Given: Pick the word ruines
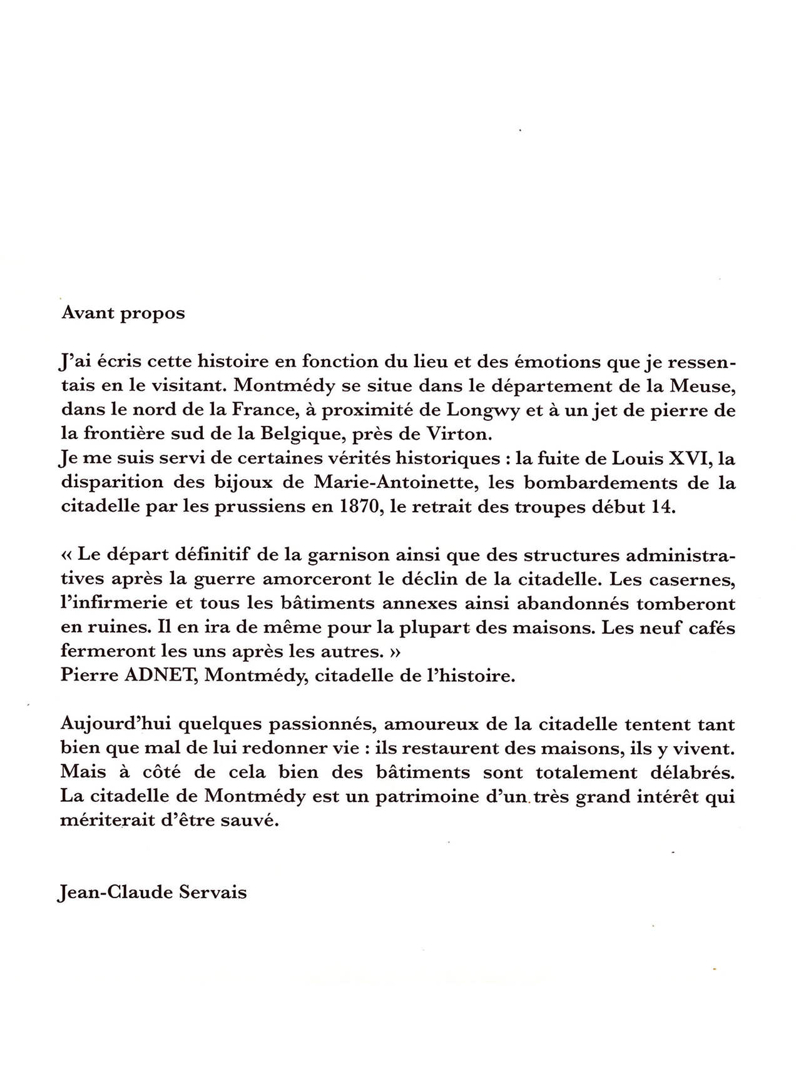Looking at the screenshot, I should pyautogui.click(x=110, y=628).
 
